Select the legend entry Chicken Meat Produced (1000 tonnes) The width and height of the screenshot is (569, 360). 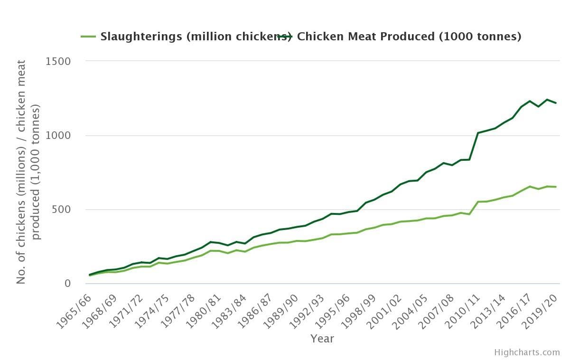tap(408, 37)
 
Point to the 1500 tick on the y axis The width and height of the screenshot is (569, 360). tap(58, 61)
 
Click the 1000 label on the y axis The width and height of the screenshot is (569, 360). tap(58, 136)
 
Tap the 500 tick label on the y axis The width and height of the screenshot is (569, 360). tap(61, 210)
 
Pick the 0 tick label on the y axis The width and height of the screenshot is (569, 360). tap(67, 284)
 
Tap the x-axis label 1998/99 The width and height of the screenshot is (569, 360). tap(357, 308)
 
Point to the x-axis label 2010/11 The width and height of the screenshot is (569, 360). tap(460, 308)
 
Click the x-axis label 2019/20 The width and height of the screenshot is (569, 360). tap(538, 308)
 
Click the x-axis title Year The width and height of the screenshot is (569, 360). tap(322, 339)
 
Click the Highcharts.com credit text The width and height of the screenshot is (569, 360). tap(527, 352)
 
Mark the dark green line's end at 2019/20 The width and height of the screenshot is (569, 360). tap(556, 103)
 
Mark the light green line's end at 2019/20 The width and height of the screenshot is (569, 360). tap(556, 187)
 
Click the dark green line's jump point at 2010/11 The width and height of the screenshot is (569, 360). tap(478, 133)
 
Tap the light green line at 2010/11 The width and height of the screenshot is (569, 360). tap(478, 202)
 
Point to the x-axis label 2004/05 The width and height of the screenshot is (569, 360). tap(409, 308)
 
